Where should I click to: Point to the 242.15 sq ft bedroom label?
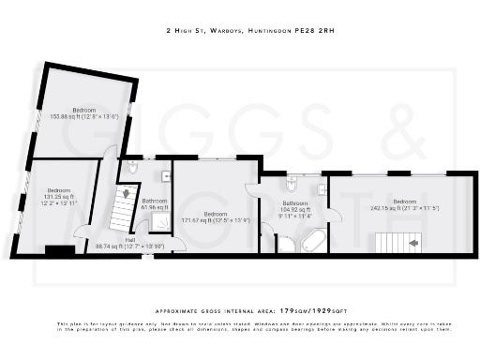[405, 205]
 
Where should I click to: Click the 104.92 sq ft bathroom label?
[295, 207]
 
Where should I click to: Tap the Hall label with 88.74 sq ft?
[129, 243]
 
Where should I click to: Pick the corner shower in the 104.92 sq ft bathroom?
[283, 245]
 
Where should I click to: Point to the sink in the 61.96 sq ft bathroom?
[166, 176]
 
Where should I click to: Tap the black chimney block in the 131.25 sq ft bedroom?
[60, 250]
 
